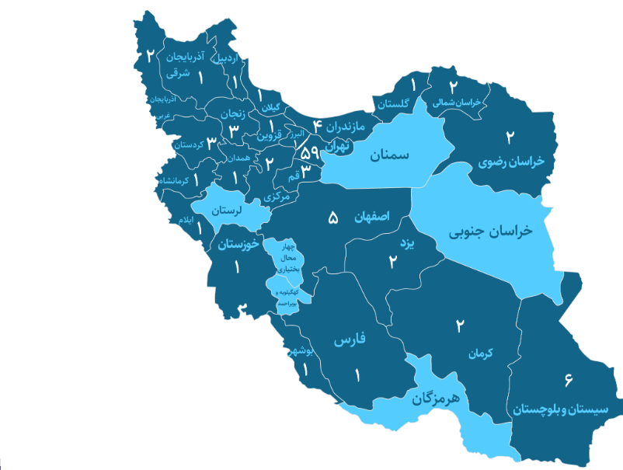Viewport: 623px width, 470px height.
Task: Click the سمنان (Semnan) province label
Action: coord(389,156)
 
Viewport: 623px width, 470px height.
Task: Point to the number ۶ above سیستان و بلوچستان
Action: coord(569,379)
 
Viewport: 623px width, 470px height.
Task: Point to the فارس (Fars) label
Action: coord(350,341)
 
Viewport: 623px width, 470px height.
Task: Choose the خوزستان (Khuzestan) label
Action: coord(237,245)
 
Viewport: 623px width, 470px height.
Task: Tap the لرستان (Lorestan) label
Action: coord(228,210)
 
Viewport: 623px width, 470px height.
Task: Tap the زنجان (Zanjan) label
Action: coord(233,114)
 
